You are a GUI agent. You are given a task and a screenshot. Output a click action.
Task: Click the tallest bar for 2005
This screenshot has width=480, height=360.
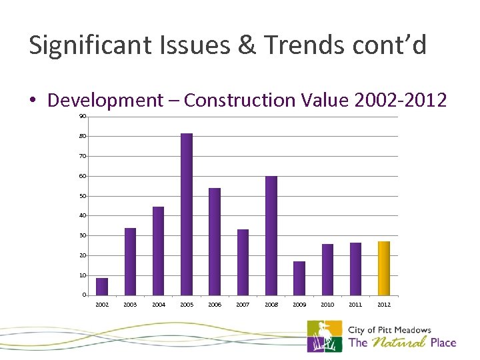187,214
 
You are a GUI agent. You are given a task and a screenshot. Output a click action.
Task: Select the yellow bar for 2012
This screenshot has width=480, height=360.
384,268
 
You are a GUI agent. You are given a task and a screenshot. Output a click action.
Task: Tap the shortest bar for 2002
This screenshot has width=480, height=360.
102,287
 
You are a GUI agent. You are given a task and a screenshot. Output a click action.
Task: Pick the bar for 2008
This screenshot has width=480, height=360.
271,235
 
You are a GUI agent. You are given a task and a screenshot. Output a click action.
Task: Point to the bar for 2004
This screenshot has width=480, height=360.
159,251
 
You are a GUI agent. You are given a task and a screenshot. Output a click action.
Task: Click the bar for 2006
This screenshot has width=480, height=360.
215,241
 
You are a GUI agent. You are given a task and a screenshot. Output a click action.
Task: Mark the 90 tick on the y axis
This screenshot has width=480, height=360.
83,116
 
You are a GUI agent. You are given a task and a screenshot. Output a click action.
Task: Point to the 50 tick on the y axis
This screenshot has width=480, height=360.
83,196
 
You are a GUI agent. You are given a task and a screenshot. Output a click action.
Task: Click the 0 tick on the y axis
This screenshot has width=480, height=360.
84,295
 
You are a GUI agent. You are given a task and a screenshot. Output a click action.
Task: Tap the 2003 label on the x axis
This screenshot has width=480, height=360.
130,305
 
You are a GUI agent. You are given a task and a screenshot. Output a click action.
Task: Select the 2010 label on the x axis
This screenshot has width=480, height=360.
327,305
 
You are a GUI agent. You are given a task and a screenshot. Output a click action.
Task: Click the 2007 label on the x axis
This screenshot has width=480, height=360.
243,305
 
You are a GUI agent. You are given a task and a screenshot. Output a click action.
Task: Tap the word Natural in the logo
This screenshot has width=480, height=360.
399,343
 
